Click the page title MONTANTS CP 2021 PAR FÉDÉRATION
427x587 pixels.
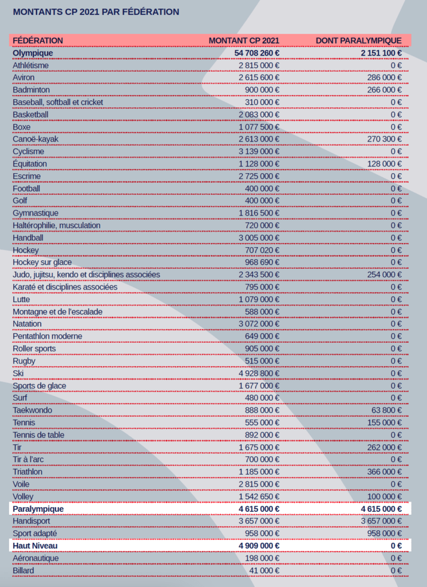96,11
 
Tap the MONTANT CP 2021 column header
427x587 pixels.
244,41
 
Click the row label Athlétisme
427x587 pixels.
31,65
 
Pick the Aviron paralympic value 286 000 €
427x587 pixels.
385,77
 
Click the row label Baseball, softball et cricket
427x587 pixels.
58,102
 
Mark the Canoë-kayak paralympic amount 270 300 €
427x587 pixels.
385,139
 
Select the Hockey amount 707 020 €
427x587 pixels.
262,250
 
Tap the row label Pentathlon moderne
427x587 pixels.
48,336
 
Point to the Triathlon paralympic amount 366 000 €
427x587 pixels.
385,472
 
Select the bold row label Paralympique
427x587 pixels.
38,508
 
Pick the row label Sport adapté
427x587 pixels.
35,533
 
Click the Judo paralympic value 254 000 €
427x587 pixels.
385,275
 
